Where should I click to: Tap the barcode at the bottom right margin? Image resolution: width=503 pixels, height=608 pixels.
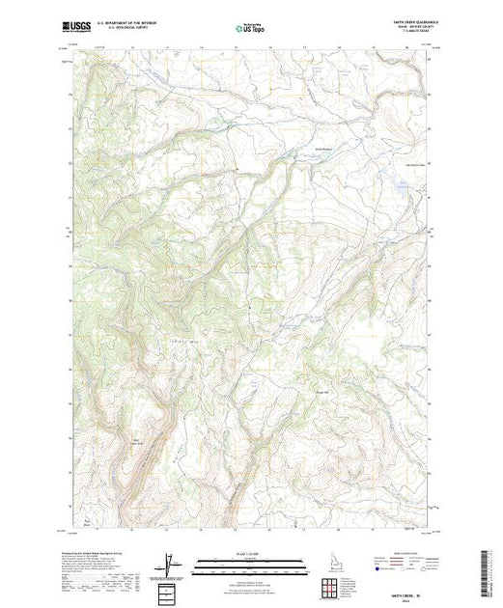point(489,571)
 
